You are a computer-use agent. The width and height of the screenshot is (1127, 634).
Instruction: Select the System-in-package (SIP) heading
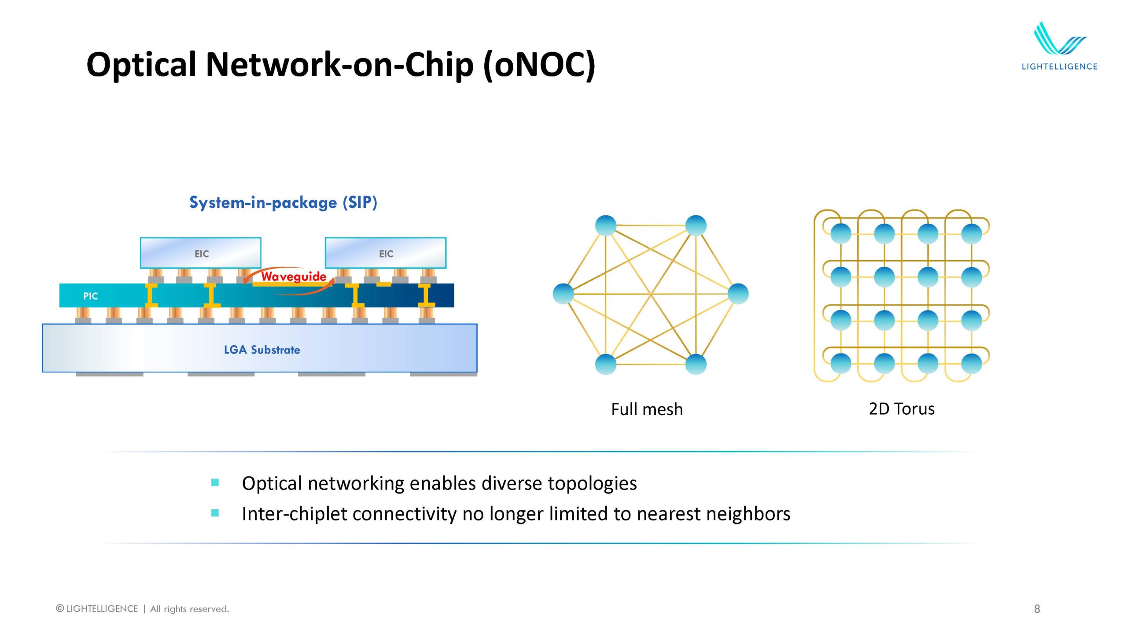coord(283,203)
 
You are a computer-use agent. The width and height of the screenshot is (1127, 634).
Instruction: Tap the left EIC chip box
coord(201,253)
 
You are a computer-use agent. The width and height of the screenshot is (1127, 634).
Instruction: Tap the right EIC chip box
coord(386,253)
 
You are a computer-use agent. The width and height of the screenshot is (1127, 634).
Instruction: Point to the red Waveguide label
coord(294,276)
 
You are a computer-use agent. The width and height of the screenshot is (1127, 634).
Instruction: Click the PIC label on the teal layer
coord(90,296)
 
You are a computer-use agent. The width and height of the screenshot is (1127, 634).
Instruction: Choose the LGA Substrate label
coord(262,350)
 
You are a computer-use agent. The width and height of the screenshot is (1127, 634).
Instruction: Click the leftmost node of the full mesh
coord(563,294)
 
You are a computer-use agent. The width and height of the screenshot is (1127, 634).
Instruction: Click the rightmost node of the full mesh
coord(738,294)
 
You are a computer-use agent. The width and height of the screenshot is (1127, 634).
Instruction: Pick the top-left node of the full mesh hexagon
coord(606,225)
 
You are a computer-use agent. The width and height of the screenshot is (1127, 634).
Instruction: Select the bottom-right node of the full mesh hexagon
coord(696,364)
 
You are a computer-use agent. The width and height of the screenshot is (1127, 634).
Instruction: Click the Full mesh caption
coord(647,409)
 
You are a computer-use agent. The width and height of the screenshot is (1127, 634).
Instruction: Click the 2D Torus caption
coord(902,409)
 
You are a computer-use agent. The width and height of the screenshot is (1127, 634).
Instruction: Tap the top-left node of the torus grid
coord(841,233)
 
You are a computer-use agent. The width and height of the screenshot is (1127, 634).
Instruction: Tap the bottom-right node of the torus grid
coord(972,364)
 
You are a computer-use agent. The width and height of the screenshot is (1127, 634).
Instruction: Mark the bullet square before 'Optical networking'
coord(215,483)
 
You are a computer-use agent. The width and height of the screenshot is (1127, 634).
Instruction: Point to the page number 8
coord(1037,609)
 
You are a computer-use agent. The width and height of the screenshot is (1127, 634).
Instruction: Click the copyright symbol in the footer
coord(60,608)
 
